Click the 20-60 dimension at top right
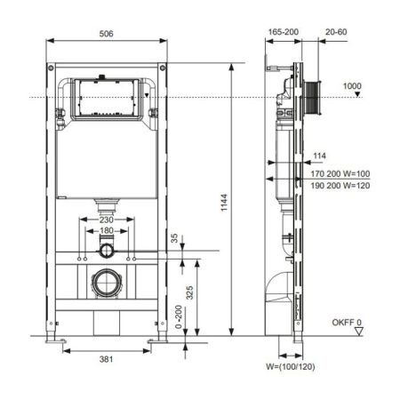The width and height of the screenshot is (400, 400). coord(337,31)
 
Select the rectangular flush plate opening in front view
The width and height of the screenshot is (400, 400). coord(106,98)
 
